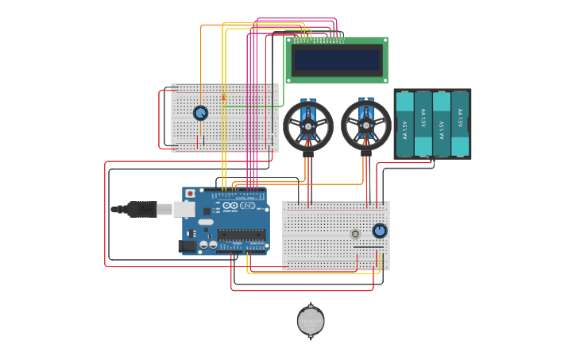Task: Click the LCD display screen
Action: click(338, 59)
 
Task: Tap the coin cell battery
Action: click(311, 321)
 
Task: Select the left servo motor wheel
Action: click(308, 126)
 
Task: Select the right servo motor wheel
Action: click(366, 126)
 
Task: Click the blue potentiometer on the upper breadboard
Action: click(200, 114)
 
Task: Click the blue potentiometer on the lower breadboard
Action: click(380, 230)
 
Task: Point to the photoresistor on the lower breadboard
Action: click(354, 234)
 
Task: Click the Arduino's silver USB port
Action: click(184, 209)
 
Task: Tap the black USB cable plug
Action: click(141, 209)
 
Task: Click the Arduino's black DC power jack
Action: click(187, 246)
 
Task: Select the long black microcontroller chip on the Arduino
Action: click(242, 234)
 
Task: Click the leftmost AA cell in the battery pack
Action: click(404, 124)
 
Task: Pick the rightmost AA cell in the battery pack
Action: click(460, 124)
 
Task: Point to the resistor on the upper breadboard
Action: click(223, 97)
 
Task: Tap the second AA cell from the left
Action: click(423, 124)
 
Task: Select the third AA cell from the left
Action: click(442, 124)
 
